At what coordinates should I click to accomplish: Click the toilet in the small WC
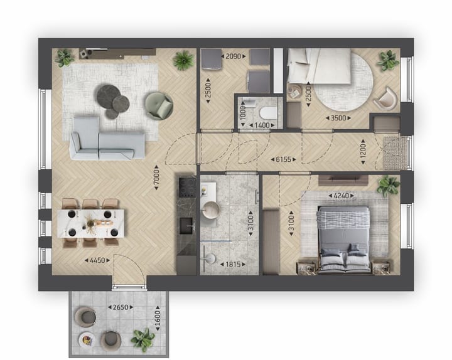tap(267, 113)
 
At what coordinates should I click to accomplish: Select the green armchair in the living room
tap(158, 105)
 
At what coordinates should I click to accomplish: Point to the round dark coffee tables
tap(112, 100)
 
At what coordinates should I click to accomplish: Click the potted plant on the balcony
tap(143, 339)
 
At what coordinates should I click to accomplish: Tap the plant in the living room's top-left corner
tap(64, 58)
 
